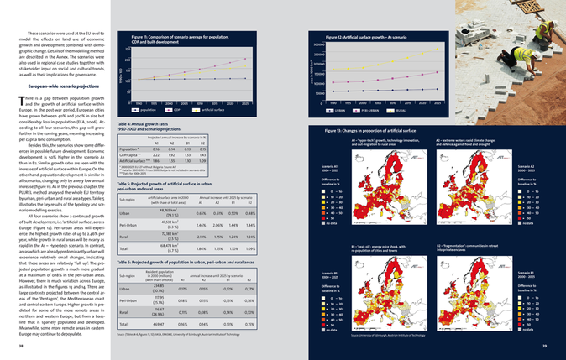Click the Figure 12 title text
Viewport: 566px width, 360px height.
362,38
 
